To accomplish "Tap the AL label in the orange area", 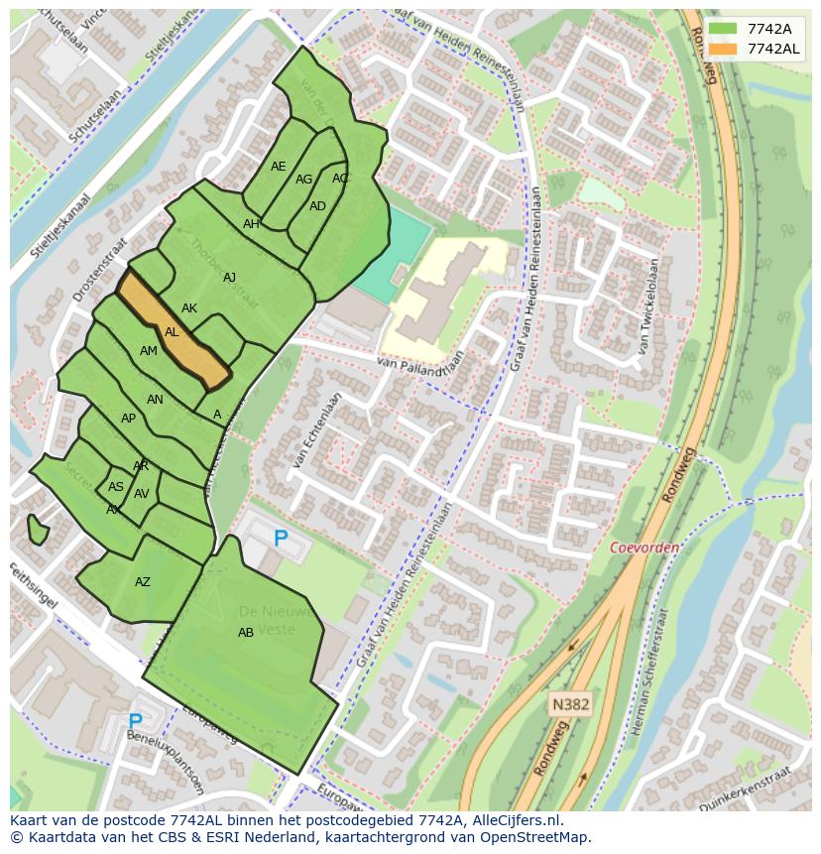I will click(172, 332).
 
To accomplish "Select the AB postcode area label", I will click(246, 632).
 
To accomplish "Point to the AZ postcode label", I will click(143, 582).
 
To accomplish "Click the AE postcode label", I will click(279, 167).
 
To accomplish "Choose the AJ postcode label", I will click(230, 278).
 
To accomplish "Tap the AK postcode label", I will click(189, 308).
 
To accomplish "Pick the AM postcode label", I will click(149, 351).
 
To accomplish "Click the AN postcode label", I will click(155, 400).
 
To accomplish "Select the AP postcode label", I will click(128, 419).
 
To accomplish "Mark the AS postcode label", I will click(116, 487).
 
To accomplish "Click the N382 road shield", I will click(570, 704).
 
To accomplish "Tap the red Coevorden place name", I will click(645, 548).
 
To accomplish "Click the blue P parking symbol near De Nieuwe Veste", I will click(281, 539).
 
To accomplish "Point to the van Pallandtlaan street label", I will click(420, 366).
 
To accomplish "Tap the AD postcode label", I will click(317, 206).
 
